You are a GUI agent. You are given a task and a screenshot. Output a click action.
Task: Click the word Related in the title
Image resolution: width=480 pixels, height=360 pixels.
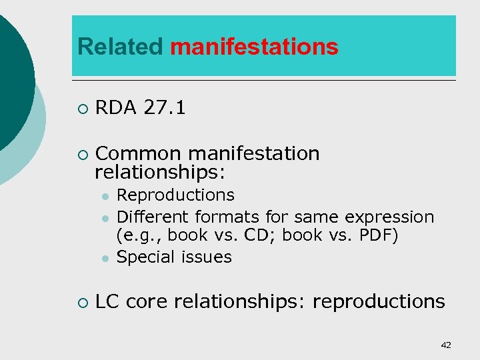click(x=120, y=47)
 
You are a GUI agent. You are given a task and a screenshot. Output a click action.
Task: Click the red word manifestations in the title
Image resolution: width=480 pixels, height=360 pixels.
click(x=254, y=47)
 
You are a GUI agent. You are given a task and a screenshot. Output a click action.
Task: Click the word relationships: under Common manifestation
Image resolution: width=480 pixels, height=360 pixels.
click(x=161, y=173)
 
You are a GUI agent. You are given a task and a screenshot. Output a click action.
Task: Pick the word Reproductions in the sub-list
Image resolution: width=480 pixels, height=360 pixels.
click(x=175, y=195)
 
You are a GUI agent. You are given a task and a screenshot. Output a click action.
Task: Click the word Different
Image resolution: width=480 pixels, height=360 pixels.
click(x=153, y=217)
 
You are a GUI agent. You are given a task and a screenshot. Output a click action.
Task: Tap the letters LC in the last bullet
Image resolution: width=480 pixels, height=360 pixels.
click(x=107, y=301)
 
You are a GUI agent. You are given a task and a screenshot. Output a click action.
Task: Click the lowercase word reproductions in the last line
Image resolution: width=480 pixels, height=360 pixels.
click(x=379, y=301)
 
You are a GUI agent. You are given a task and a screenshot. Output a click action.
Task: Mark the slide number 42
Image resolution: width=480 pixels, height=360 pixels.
click(x=446, y=345)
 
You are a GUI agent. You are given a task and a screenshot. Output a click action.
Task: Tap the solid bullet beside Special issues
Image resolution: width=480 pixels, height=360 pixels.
click(x=105, y=258)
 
